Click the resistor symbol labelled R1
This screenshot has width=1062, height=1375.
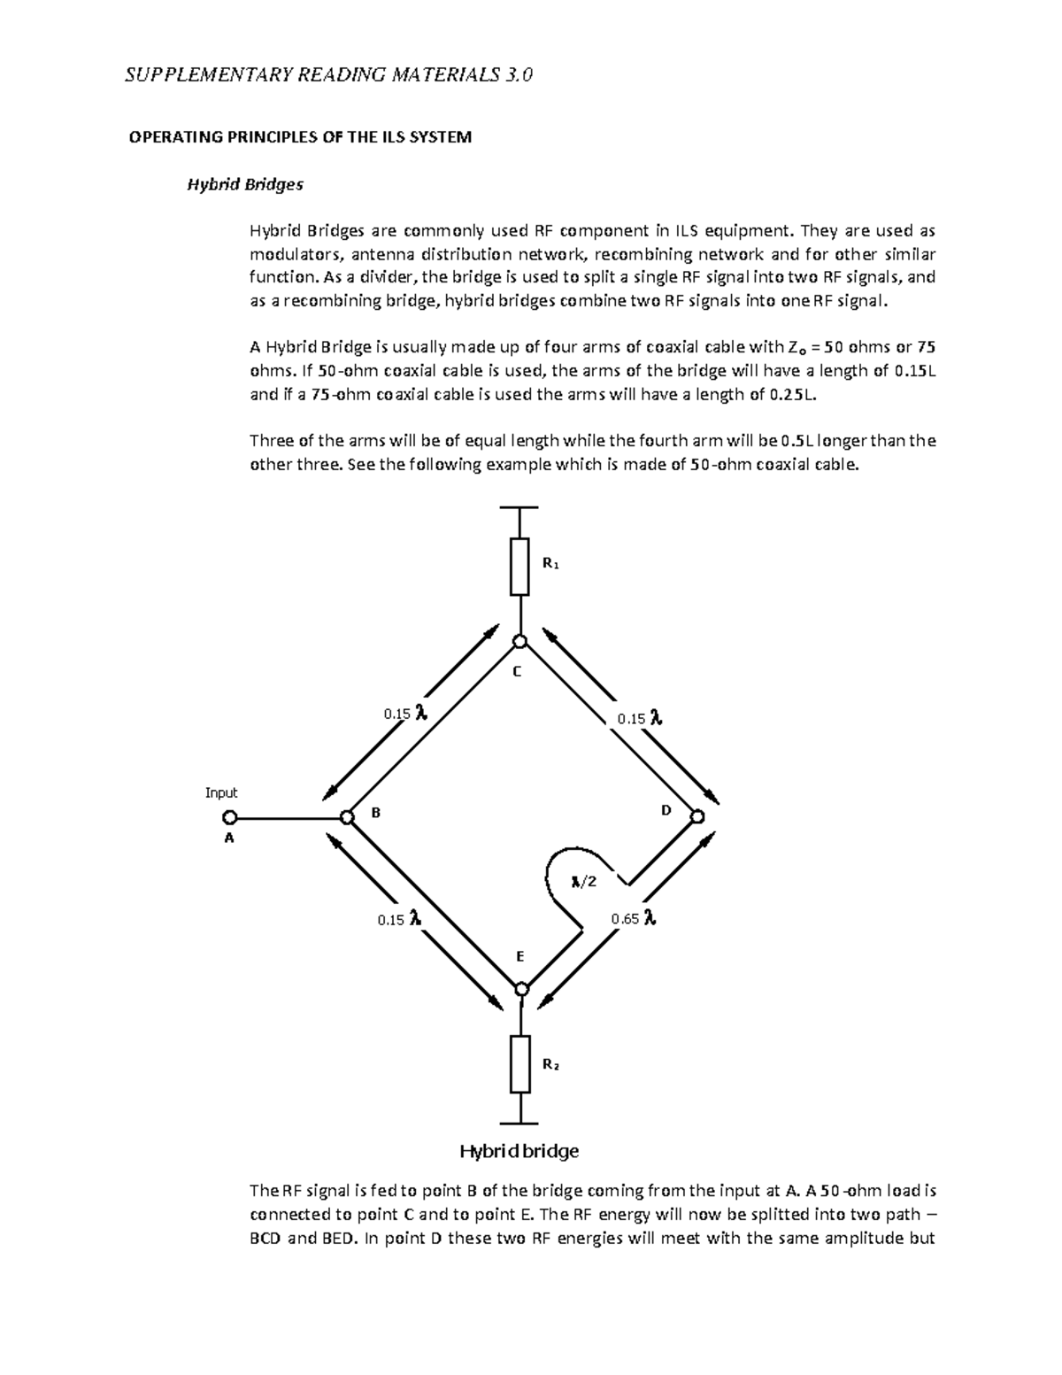(x=519, y=566)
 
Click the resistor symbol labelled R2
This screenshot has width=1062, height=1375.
(x=520, y=1063)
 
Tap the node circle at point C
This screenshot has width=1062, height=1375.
(x=520, y=641)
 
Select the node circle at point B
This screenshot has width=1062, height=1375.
(x=347, y=816)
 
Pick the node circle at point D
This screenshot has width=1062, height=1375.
(x=697, y=815)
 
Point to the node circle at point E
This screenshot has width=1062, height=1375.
(x=521, y=988)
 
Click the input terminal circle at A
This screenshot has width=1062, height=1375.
(x=229, y=817)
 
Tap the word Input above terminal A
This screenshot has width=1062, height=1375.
(x=221, y=792)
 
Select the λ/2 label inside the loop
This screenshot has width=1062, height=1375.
(x=584, y=881)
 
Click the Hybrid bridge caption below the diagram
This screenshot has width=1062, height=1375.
(x=519, y=1151)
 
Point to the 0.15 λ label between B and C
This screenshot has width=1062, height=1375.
(x=405, y=714)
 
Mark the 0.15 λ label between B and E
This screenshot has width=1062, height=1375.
(x=399, y=919)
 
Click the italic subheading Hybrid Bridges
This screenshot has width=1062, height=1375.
(x=243, y=185)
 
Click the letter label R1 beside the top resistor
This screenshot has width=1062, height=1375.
(x=550, y=563)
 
